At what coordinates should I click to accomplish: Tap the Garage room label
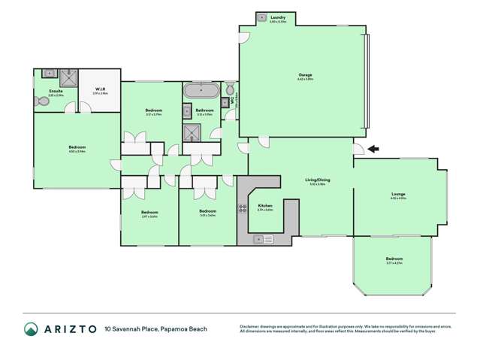tap(304, 74)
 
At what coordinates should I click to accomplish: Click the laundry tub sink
tap(261, 17)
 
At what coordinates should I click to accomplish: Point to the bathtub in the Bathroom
tap(201, 92)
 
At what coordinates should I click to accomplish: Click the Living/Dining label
tap(317, 180)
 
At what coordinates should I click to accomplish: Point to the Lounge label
tap(398, 195)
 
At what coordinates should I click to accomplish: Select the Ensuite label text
tap(56, 92)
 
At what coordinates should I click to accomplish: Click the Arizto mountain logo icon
tap(31, 328)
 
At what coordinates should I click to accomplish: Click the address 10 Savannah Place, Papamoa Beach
tap(156, 328)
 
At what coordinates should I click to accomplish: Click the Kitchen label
tap(264, 206)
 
